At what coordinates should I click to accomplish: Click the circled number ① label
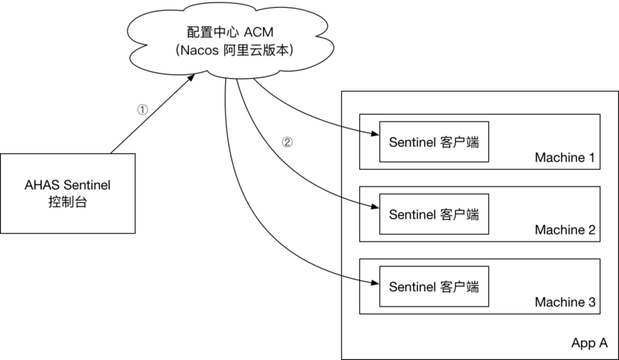(x=142, y=110)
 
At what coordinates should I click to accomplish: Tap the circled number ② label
(x=287, y=142)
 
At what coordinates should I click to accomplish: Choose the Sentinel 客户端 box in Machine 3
(x=434, y=286)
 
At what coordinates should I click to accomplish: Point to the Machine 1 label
(x=564, y=158)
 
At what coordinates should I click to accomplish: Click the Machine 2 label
(x=564, y=230)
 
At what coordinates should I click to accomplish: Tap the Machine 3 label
(x=564, y=301)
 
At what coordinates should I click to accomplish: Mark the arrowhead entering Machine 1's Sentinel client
(x=374, y=132)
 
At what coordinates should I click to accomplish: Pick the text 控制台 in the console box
(x=68, y=201)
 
